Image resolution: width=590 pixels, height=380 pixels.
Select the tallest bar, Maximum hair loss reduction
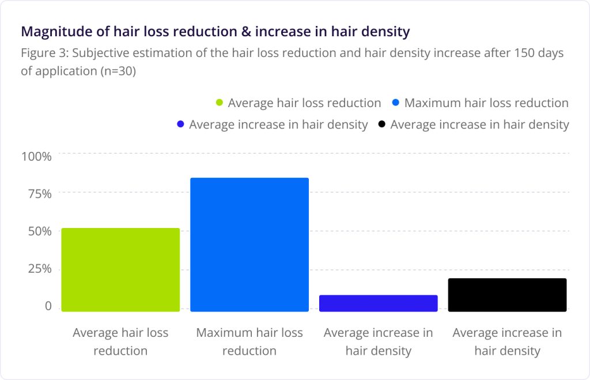249,245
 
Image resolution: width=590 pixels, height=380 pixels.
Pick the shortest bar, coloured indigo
379,303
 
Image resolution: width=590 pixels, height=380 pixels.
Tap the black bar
508,295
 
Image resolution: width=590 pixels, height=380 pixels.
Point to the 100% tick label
37,156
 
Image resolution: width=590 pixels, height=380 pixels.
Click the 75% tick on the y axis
40,193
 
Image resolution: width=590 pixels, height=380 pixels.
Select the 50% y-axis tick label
40,231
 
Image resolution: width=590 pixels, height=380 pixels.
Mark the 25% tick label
40,269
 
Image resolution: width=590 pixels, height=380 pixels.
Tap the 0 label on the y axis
48,307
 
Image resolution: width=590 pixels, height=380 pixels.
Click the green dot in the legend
219,104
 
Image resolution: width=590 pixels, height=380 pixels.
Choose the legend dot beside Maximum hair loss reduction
395,103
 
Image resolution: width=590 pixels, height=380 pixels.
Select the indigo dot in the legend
180,124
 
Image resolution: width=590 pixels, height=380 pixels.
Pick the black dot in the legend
381,124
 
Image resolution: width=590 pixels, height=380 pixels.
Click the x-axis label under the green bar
120,341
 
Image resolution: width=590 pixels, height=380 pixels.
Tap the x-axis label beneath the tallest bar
249,341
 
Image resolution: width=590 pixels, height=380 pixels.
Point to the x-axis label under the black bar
507,341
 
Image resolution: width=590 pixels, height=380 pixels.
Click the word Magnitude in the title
51,31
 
